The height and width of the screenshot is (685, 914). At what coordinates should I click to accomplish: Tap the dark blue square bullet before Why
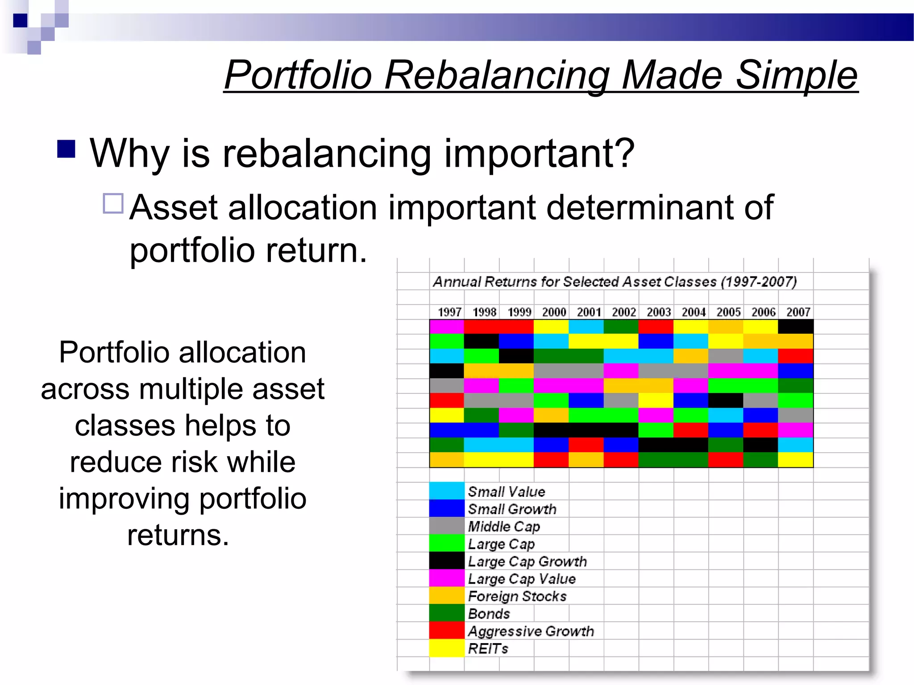66,149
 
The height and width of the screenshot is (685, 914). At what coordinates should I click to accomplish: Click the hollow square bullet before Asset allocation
113,203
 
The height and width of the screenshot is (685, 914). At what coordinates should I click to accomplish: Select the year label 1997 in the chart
449,312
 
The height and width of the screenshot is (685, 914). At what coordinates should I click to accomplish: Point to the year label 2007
798,312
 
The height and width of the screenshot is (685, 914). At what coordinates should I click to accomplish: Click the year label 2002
623,312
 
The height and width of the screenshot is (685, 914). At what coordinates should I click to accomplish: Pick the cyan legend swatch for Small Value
447,491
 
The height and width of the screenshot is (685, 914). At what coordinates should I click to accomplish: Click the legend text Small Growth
512,509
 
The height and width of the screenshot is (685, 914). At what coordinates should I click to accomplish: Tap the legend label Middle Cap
504,526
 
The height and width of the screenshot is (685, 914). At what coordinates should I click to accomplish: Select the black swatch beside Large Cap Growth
447,561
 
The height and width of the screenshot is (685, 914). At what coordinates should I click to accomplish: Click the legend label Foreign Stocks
517,596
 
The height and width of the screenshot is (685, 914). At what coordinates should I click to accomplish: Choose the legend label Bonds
489,614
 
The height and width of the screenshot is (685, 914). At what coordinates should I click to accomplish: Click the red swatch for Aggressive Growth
447,631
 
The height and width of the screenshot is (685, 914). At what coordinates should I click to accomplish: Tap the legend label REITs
488,648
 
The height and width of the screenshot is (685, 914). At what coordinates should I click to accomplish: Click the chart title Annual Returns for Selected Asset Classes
615,282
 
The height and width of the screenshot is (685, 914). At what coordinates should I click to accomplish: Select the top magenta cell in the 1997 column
447,327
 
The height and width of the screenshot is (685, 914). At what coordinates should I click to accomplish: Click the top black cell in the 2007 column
795,327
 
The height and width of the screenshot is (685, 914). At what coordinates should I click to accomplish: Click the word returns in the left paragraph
178,535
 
